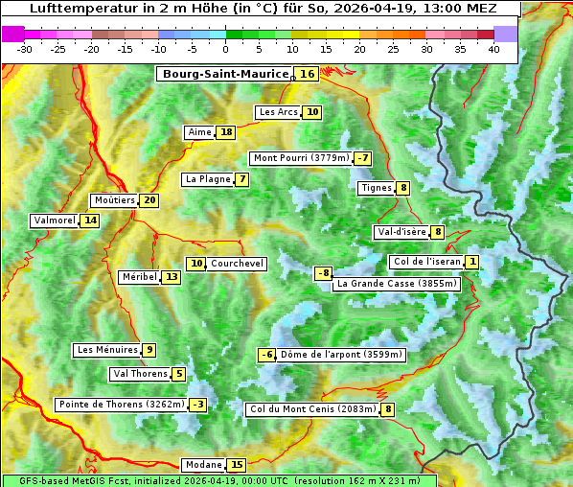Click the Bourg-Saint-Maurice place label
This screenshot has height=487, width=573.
coord(225,74)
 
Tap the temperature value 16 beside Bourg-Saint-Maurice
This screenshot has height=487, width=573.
coord(307,74)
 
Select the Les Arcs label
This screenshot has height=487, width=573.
coord(279,112)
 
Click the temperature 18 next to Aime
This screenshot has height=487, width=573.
coord(225,132)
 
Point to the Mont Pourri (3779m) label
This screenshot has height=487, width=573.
coord(300,158)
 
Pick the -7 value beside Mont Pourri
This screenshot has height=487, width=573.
coord(362,158)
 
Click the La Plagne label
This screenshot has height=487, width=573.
coord(204,179)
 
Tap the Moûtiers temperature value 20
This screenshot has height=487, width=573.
coord(149,200)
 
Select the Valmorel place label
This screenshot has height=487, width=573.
coord(54,220)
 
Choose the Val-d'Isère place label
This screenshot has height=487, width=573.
coord(401,232)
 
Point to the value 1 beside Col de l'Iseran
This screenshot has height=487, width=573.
coord(472,262)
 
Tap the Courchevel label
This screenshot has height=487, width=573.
coord(237,264)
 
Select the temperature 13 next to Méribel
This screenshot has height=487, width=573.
coord(171,277)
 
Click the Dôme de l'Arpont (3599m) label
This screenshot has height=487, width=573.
coord(342,355)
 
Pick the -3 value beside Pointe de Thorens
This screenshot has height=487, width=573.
coord(197,405)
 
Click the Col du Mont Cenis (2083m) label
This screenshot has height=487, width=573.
coord(312,410)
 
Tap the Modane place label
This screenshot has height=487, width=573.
coord(203,465)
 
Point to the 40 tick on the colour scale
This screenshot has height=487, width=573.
coord(493,49)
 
